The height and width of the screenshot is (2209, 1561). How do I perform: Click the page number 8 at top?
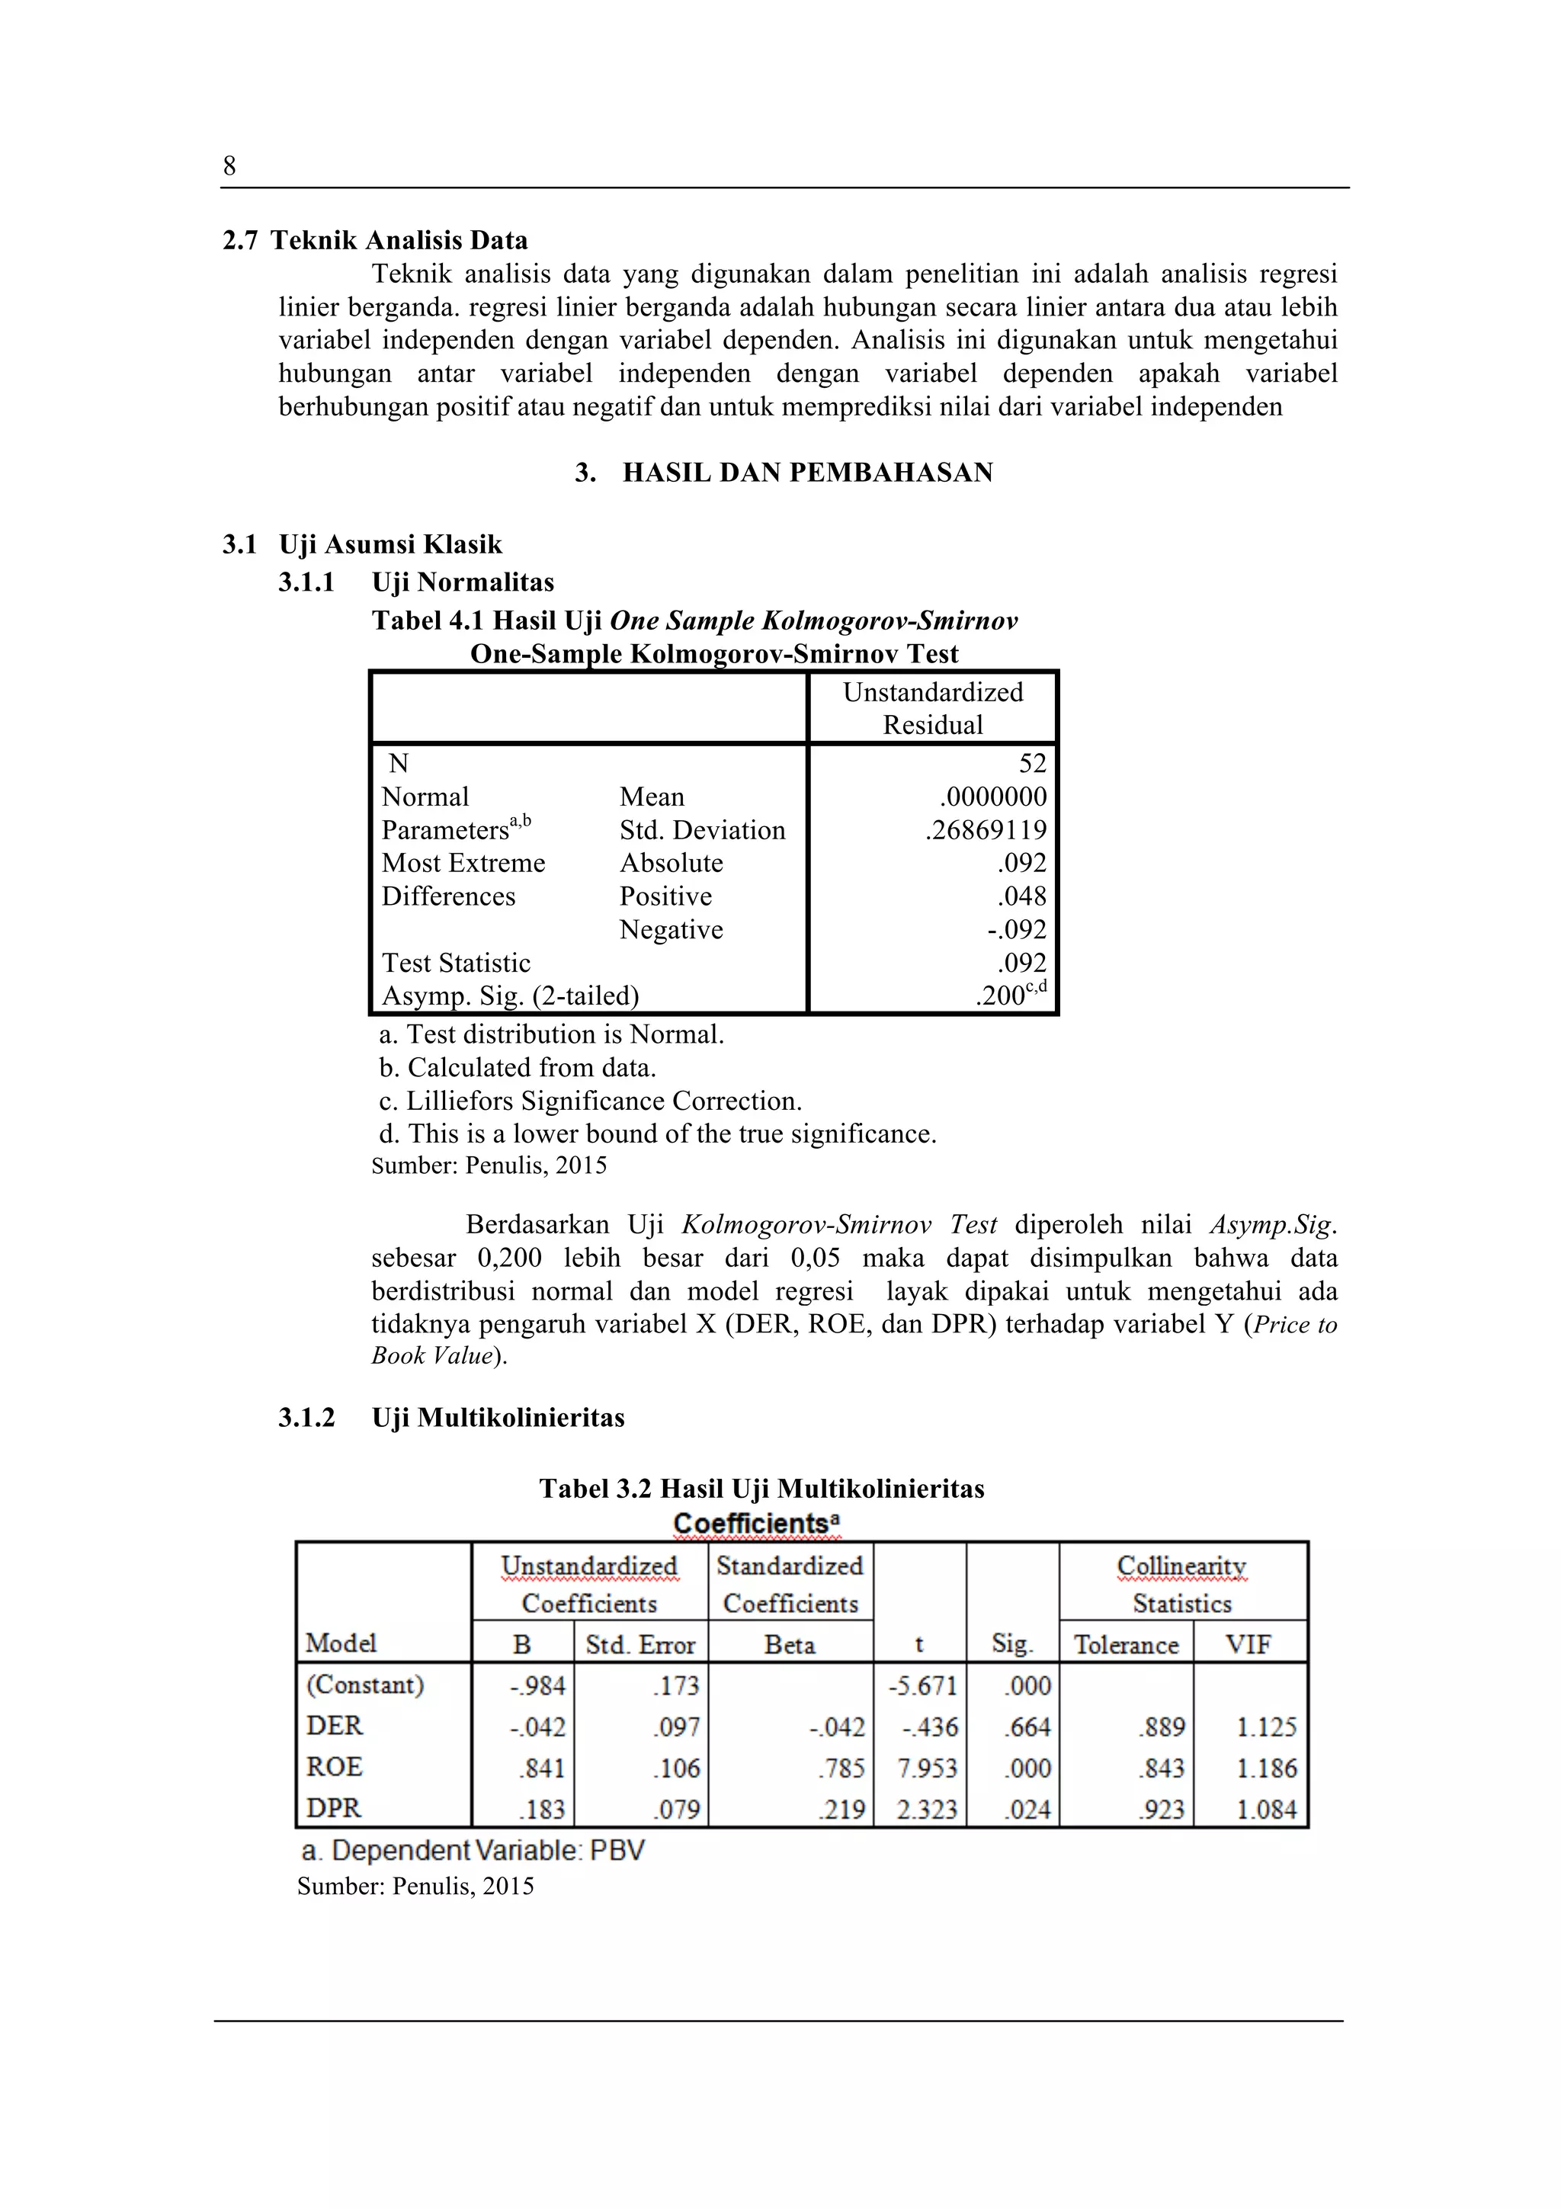coord(229,166)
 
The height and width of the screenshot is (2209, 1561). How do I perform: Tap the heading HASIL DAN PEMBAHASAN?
coord(807,473)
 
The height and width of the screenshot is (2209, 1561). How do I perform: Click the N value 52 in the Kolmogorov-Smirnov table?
coord(1031,763)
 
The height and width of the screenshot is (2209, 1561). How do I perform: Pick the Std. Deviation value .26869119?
coord(985,829)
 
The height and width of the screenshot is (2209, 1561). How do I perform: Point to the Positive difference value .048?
coord(1021,896)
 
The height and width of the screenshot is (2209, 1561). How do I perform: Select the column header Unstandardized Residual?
coord(932,708)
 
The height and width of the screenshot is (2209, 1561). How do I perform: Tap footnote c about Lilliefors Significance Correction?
coord(590,1101)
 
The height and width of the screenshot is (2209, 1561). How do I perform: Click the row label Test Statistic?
coord(456,963)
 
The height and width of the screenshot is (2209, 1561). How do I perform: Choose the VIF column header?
coord(1248,1644)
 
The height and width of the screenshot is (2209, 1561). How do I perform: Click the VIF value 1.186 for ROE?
coord(1266,1768)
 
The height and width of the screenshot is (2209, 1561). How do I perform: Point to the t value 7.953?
coord(926,1768)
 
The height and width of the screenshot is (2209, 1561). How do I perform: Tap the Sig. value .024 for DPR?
coord(1027,1810)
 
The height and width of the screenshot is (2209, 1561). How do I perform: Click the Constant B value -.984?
coord(537,1685)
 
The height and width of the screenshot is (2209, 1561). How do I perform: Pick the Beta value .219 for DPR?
coord(841,1810)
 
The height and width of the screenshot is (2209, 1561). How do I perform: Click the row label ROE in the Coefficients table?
coord(334,1768)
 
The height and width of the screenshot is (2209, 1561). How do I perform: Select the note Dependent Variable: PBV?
coord(473,1850)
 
